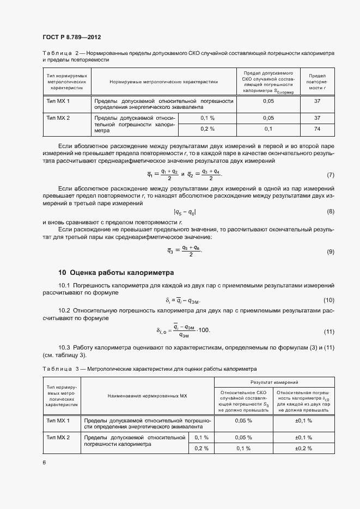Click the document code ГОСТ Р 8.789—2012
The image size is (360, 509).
click(71, 38)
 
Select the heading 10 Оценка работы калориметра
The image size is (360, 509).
click(116, 272)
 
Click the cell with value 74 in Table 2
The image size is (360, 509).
click(317, 129)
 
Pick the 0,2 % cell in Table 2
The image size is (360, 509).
click(208, 129)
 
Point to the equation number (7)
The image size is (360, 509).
click(330, 175)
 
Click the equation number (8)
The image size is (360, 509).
click(330, 212)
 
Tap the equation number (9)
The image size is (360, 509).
click(330, 252)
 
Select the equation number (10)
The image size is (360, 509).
click(328, 301)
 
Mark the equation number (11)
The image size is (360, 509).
click(328, 332)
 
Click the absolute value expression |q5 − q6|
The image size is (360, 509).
click(185, 212)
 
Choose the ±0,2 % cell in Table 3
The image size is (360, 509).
click(303, 448)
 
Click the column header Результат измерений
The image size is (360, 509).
click(274, 383)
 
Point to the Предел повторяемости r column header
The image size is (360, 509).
click(317, 81)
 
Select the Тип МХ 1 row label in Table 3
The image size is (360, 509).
click(58, 421)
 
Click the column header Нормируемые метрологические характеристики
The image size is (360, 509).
click(163, 82)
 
